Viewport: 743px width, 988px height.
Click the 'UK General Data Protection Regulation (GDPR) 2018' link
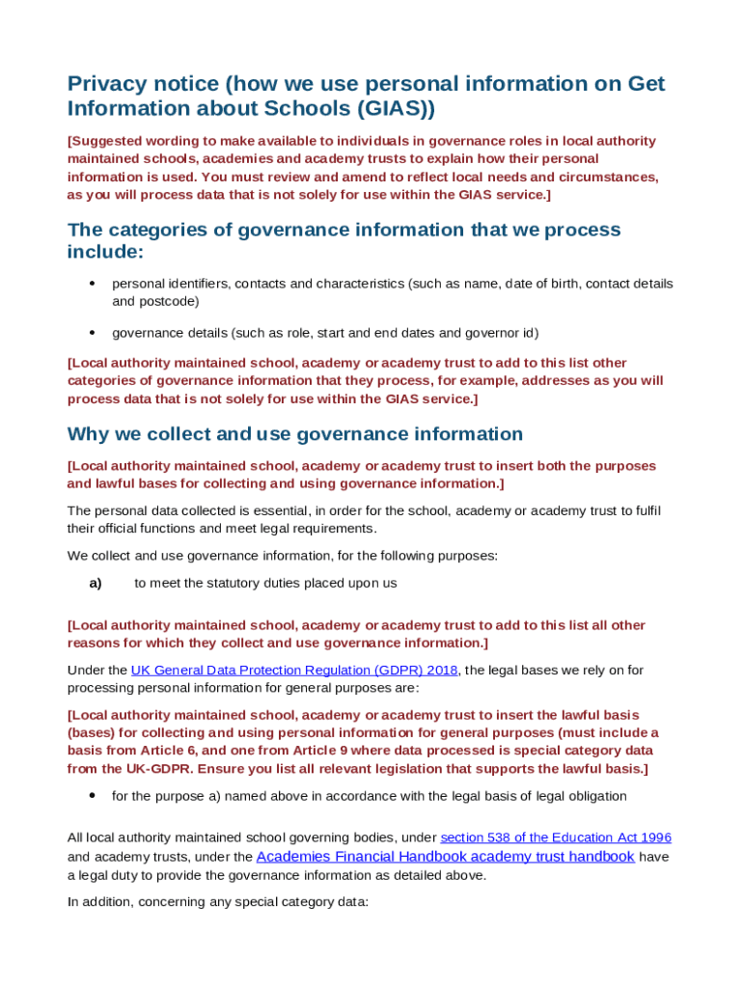293,670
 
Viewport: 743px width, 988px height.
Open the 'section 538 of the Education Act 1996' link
556,837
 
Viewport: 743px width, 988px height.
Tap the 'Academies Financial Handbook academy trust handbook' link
445,857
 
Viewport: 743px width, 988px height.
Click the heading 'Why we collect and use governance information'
295,434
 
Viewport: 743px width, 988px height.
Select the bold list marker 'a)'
96,583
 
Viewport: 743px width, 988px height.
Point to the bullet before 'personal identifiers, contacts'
92,284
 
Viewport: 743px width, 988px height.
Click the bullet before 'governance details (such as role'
92,333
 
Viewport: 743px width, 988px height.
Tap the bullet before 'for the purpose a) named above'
92,796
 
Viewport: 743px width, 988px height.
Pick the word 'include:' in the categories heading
105,252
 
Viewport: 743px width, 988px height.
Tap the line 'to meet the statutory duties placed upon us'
265,583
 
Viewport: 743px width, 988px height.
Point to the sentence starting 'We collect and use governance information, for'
282,556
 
